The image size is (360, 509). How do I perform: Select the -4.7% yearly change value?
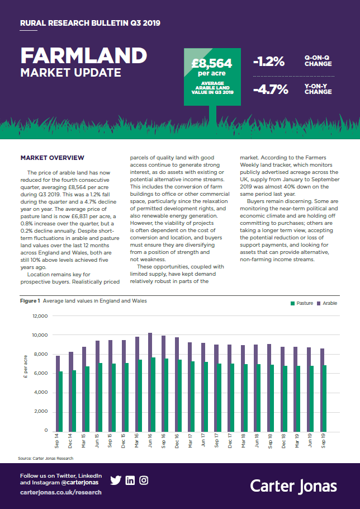pyautogui.click(x=271, y=89)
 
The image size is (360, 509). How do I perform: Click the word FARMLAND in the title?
pyautogui.click(x=83, y=55)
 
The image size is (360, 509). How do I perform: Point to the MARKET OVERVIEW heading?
pyautogui.click(x=52, y=158)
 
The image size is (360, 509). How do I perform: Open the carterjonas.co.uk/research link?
pyautogui.click(x=61, y=492)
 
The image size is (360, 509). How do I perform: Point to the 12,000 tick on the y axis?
pyautogui.click(x=41, y=316)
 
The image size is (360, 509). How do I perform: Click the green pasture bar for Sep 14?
pyautogui.click(x=61, y=401)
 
